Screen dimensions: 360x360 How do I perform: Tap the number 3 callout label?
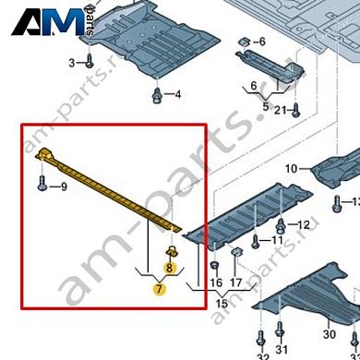(x=73, y=62)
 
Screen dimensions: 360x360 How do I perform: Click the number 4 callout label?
(x=177, y=95)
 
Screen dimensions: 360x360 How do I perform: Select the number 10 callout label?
(x=292, y=169)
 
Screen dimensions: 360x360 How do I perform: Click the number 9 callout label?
(x=64, y=187)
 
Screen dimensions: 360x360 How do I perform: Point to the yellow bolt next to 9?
(x=44, y=186)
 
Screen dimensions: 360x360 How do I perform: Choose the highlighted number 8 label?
(x=169, y=268)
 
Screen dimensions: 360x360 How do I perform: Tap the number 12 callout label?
(x=304, y=225)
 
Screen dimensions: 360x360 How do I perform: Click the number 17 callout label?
(x=236, y=283)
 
